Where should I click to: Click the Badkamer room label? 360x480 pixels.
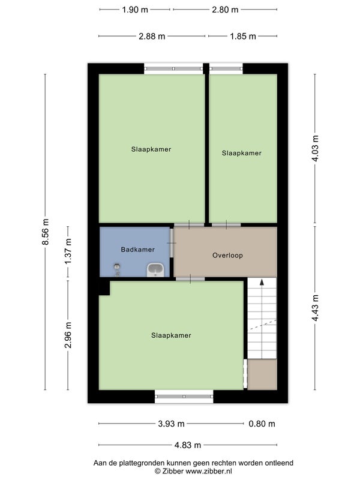click(137, 250)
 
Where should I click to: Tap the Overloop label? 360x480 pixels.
click(227, 256)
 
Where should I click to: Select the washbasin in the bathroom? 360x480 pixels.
click(156, 270)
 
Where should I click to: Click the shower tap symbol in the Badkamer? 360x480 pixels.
click(116, 269)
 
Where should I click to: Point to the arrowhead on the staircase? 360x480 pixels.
click(262, 282)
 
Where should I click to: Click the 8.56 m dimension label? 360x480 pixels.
click(46, 232)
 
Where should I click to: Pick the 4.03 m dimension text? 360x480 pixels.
click(315, 148)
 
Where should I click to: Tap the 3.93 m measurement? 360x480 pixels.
click(171, 424)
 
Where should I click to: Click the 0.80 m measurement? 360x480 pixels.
click(262, 424)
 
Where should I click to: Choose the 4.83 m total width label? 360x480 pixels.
click(188, 445)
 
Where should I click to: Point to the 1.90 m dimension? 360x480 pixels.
click(135, 10)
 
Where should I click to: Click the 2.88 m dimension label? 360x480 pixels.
click(152, 37)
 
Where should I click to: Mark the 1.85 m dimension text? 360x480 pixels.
click(243, 37)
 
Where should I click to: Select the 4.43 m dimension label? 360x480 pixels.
click(315, 308)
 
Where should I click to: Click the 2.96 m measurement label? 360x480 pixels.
click(68, 335)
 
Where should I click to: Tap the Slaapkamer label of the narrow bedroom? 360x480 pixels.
click(242, 153)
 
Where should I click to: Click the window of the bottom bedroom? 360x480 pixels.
click(184, 397)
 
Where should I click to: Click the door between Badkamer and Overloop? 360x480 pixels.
click(172, 243)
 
